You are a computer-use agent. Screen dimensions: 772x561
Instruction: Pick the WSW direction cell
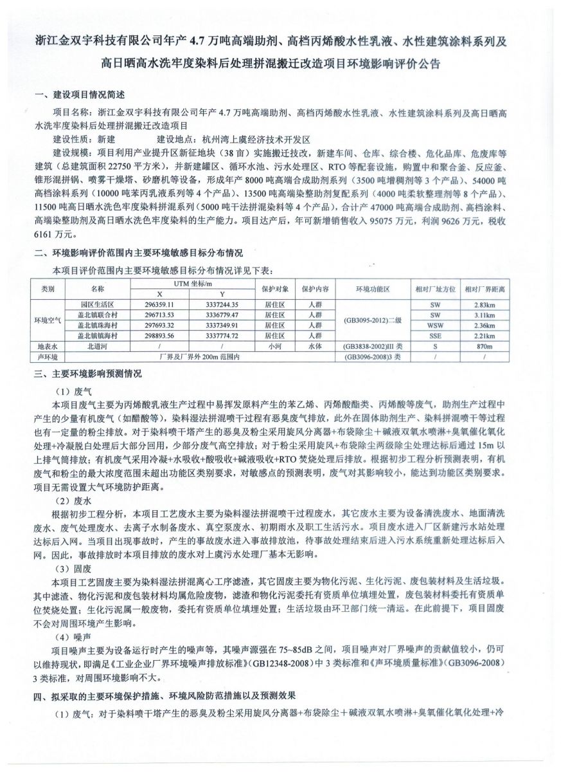(x=435, y=325)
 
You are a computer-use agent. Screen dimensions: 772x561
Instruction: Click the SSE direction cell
(x=435, y=335)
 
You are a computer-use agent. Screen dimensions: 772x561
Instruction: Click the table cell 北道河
(x=98, y=346)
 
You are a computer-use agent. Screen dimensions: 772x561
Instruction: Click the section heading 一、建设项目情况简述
(x=80, y=95)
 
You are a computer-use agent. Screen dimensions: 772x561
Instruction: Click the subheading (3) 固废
(x=75, y=568)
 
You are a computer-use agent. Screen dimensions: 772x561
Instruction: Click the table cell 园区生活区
(x=98, y=304)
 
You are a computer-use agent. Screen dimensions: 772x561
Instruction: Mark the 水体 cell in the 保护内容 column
(x=314, y=346)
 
